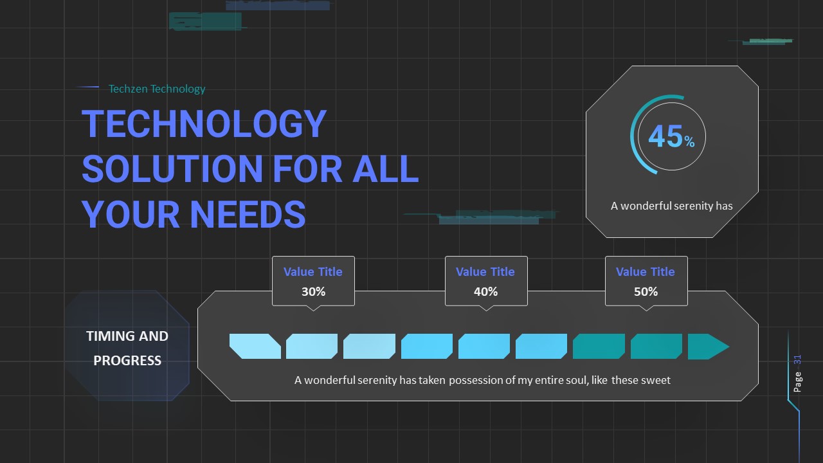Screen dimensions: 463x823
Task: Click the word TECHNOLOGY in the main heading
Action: (x=204, y=123)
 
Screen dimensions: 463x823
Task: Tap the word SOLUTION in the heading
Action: (x=172, y=168)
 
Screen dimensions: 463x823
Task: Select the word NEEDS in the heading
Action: (x=249, y=213)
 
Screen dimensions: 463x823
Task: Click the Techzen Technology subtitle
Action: (x=157, y=89)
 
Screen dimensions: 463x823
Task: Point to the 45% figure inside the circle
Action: (x=671, y=137)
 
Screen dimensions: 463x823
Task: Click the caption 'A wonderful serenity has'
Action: (x=671, y=206)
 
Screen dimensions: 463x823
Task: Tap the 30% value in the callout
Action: (x=313, y=291)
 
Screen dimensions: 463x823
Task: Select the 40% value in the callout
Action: (x=485, y=291)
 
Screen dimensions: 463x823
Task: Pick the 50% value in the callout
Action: (x=646, y=291)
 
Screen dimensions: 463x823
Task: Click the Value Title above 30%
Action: (x=313, y=271)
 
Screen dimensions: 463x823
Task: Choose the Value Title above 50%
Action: (x=646, y=271)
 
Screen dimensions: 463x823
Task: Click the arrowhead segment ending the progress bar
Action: (x=708, y=347)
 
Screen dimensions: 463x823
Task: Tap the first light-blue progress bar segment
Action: (x=255, y=347)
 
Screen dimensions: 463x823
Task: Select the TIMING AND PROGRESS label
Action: (x=127, y=348)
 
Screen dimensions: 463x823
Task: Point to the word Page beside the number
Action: (x=798, y=381)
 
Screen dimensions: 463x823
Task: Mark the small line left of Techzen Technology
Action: (x=87, y=87)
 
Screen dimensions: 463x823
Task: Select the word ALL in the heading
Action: (x=385, y=168)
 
